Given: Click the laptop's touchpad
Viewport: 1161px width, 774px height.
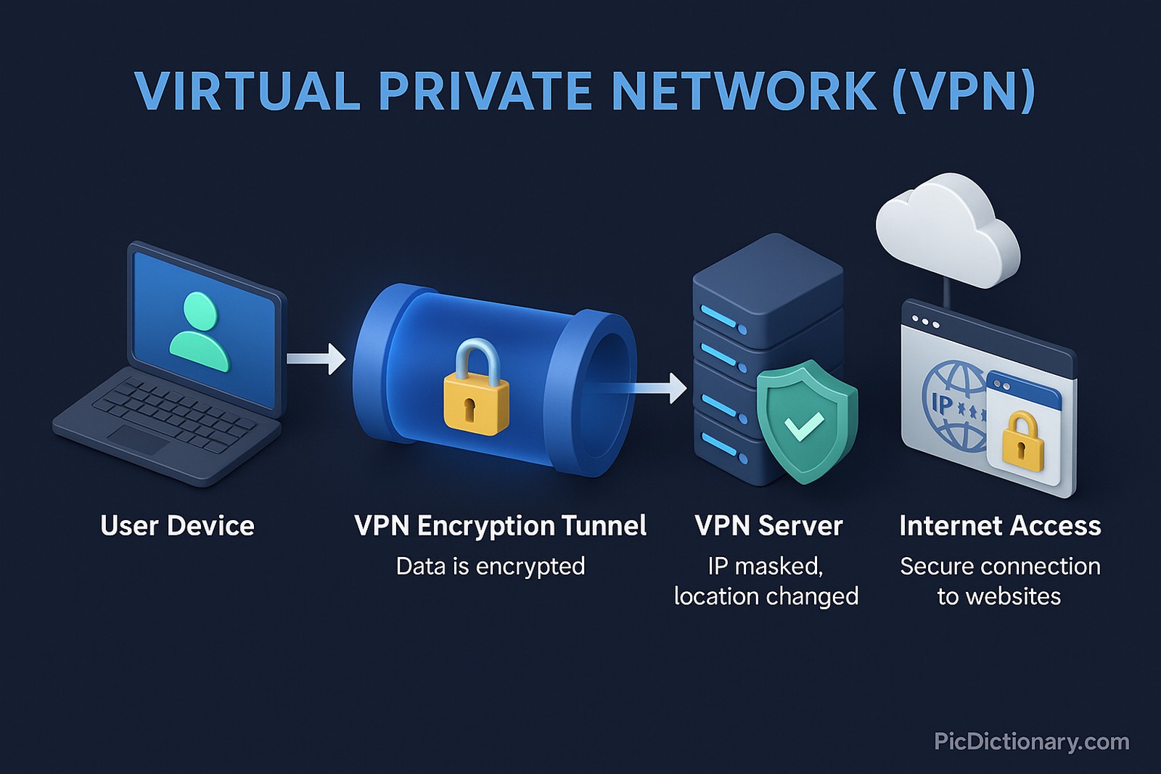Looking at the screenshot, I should click(x=139, y=438).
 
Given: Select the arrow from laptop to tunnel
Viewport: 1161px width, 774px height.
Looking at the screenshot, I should click(x=316, y=358).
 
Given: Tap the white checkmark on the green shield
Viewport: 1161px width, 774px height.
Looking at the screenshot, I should click(x=804, y=425).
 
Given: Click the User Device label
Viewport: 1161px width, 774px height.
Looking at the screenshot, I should click(x=177, y=526).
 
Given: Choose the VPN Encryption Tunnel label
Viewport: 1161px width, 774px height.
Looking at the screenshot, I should click(x=500, y=526).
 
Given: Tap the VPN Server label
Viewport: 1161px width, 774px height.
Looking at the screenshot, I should click(x=768, y=526).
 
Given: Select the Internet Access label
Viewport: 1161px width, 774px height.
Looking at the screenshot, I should click(x=1000, y=526).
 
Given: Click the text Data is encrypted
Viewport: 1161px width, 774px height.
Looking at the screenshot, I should click(x=491, y=567).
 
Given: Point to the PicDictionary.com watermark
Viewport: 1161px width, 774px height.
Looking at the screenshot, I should click(x=1031, y=741).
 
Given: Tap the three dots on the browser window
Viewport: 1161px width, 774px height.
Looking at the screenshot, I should click(x=926, y=321).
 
